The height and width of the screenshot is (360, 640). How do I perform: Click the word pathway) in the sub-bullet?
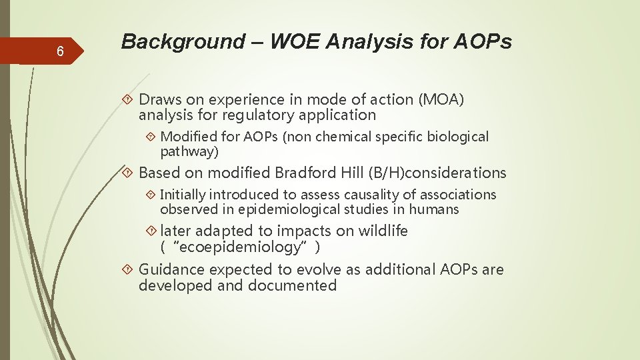pos(189,151)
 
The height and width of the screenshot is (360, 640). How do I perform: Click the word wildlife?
pos(383,231)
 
